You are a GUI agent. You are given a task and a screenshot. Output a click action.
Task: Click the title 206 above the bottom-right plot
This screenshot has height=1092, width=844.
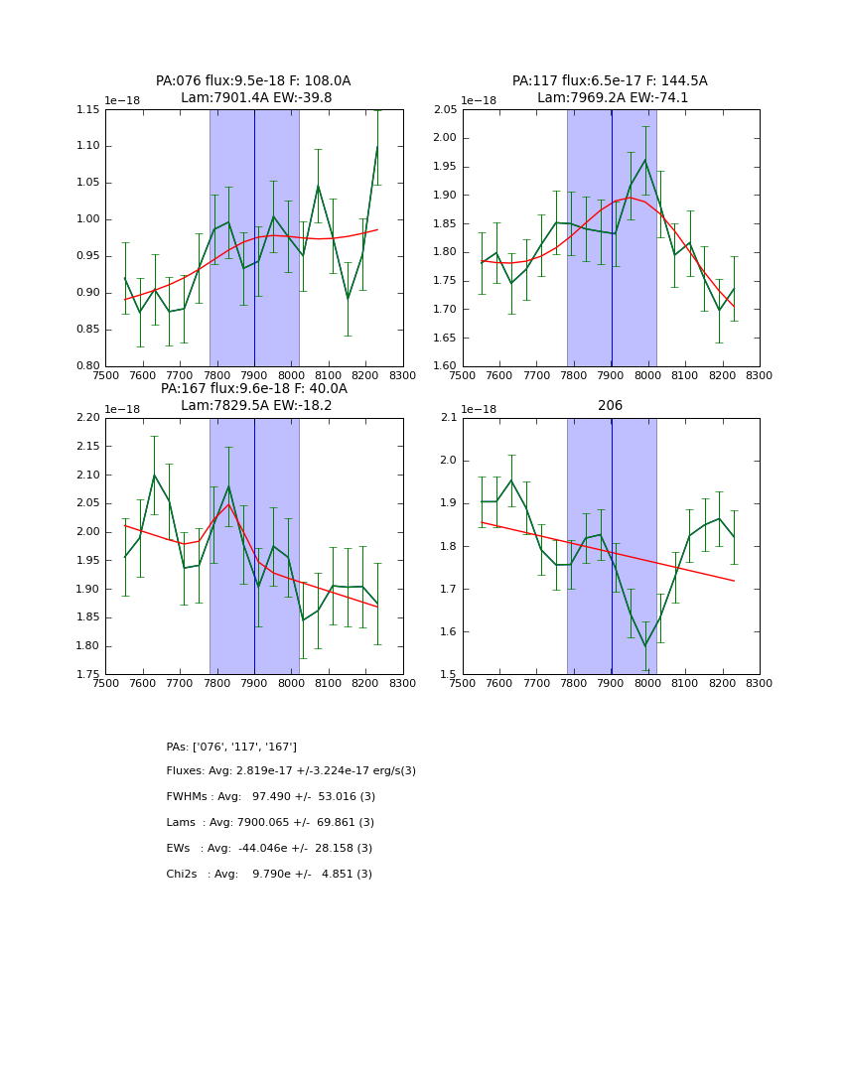click(610, 406)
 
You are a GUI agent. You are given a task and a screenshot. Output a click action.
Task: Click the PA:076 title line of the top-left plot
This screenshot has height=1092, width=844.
click(253, 81)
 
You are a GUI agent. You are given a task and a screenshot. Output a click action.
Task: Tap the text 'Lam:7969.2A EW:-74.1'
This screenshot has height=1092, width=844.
click(612, 98)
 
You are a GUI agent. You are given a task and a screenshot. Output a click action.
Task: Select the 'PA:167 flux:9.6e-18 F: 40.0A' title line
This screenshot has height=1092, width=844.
click(254, 389)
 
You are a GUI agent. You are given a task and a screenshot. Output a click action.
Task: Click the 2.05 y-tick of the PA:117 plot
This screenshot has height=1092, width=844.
click(446, 109)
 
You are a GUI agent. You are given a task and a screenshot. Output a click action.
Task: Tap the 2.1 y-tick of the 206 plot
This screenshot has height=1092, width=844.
click(449, 418)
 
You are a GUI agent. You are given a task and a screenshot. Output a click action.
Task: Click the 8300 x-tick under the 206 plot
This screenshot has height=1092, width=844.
click(759, 683)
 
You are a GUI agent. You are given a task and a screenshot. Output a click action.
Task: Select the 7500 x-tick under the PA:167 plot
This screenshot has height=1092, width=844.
click(106, 683)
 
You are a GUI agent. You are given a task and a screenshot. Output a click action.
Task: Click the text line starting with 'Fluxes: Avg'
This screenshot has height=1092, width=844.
click(291, 771)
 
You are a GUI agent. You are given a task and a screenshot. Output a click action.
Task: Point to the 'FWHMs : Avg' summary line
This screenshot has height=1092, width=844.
click(270, 797)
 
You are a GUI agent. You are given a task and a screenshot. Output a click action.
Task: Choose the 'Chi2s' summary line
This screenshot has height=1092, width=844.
click(269, 875)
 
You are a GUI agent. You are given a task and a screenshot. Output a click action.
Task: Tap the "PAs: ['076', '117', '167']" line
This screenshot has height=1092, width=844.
click(231, 747)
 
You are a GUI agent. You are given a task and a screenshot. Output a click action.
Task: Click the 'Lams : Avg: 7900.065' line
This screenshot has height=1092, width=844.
click(270, 823)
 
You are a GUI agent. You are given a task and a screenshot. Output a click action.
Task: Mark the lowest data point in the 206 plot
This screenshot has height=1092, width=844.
click(644, 646)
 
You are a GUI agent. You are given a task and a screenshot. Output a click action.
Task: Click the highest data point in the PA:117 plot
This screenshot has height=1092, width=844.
click(644, 160)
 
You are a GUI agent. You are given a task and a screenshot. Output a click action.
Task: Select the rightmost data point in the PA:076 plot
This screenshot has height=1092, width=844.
click(377, 147)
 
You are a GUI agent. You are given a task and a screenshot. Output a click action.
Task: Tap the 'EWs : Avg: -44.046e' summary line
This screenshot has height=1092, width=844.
click(269, 849)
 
